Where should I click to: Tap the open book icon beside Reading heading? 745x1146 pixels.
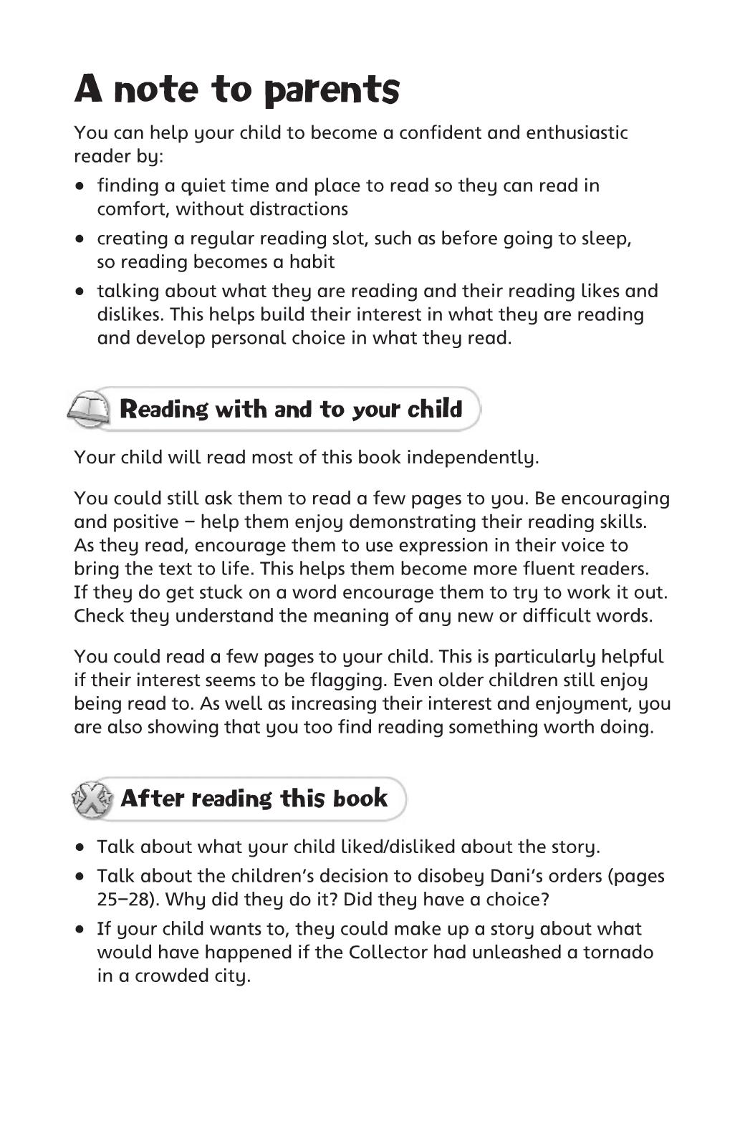coord(89,409)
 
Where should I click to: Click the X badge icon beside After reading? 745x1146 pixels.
coord(92,799)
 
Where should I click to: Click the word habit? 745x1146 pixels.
coord(312,262)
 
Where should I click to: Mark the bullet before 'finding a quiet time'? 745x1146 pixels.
coord(81,186)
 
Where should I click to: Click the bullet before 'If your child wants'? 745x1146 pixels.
coord(81,930)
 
